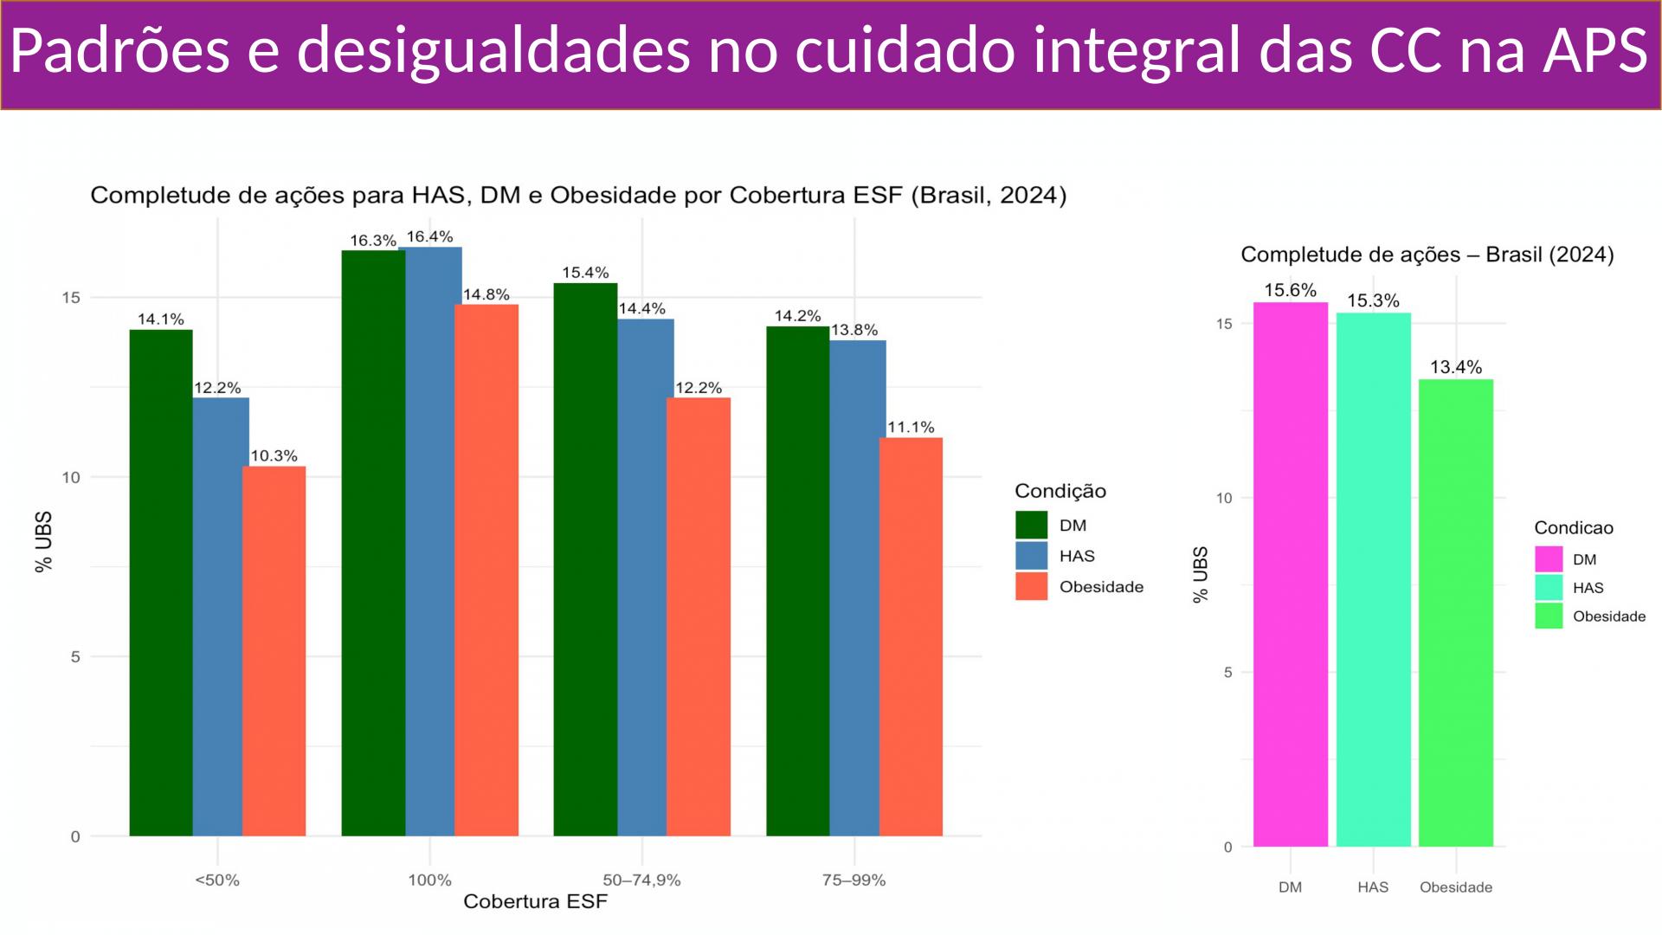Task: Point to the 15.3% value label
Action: click(1373, 301)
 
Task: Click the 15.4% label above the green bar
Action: click(585, 273)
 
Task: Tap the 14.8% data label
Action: click(486, 294)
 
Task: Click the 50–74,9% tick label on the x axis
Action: click(641, 880)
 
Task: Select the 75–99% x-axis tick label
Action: click(854, 880)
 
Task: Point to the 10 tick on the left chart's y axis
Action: click(71, 477)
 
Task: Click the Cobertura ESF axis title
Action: click(535, 902)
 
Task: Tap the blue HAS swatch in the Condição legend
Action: click(1031, 556)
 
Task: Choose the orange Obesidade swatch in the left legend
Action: click(1031, 587)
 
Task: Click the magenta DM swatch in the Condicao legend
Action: click(1549, 559)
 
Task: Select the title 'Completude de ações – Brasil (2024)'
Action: click(1427, 255)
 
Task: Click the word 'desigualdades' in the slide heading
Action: click(494, 50)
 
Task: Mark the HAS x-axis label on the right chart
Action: click(1373, 887)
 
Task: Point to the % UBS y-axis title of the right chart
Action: click(1200, 574)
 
